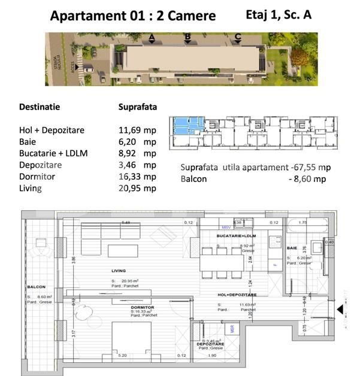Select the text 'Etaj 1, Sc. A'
(x=279, y=15)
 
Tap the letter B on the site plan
(x=187, y=38)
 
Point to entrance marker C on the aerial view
(x=238, y=38)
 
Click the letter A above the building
(x=152, y=38)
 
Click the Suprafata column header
(x=138, y=107)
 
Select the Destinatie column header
(x=40, y=107)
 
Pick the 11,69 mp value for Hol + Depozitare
(x=137, y=129)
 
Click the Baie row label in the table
(x=29, y=141)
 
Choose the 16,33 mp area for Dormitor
(x=137, y=177)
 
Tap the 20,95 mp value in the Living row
(x=137, y=189)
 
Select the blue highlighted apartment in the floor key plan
(x=187, y=128)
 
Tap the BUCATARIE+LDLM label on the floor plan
(x=237, y=236)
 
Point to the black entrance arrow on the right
(x=340, y=310)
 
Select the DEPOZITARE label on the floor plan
(x=210, y=345)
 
